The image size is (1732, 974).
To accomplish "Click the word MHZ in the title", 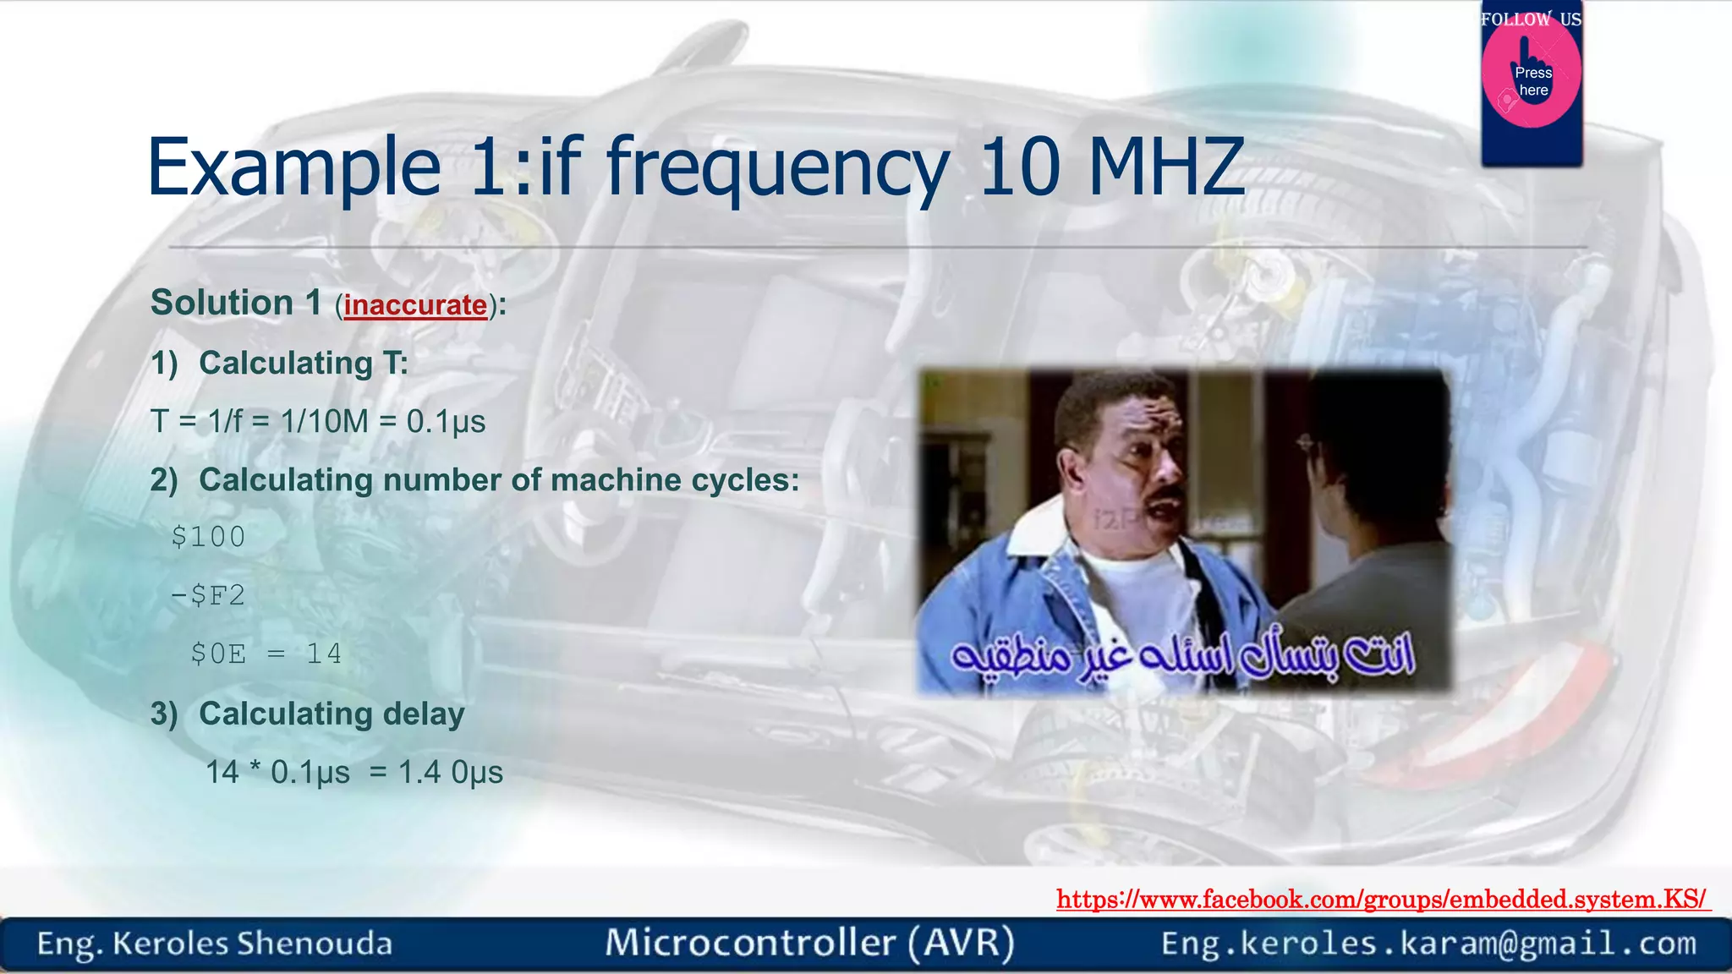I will (1165, 167).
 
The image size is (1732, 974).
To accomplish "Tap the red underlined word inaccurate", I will (415, 305).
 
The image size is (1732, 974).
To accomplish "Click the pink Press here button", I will (1532, 81).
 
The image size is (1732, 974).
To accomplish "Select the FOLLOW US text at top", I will (1531, 19).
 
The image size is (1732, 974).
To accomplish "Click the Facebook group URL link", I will (1383, 900).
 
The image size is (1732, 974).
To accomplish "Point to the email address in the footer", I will (1428, 944).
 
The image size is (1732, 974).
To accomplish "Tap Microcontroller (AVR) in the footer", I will (809, 943).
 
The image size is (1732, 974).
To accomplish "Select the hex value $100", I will (208, 537).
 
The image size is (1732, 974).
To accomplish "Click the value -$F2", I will (208, 595).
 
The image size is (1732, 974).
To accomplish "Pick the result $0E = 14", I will (266, 654).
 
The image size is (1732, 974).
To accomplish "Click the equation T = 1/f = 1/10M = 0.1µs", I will (318, 421).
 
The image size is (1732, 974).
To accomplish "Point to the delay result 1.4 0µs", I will (450, 772).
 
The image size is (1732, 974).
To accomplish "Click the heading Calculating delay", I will (331, 714).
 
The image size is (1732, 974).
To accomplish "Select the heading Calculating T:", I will (303, 364).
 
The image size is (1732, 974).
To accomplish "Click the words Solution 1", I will (236, 303).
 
